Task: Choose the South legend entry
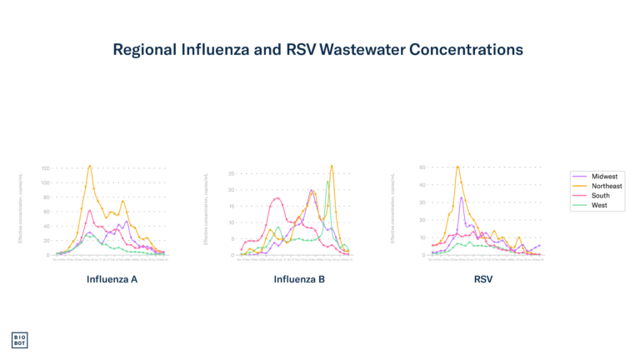pyautogui.click(x=600, y=196)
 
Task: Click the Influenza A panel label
pyautogui.click(x=112, y=279)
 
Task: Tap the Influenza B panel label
pyautogui.click(x=299, y=279)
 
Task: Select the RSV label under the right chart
pyautogui.click(x=483, y=279)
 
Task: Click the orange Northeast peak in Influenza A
pyautogui.click(x=90, y=166)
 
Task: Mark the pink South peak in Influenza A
pyautogui.click(x=90, y=211)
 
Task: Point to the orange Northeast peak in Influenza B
pyautogui.click(x=332, y=165)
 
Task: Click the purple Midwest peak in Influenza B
pyautogui.click(x=312, y=190)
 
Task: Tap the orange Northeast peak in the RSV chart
pyautogui.click(x=457, y=166)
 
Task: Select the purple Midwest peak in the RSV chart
pyautogui.click(x=461, y=197)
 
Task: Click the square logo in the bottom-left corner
pyautogui.click(x=19, y=340)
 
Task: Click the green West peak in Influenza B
pyautogui.click(x=327, y=182)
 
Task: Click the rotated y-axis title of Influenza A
pyautogui.click(x=20, y=208)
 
